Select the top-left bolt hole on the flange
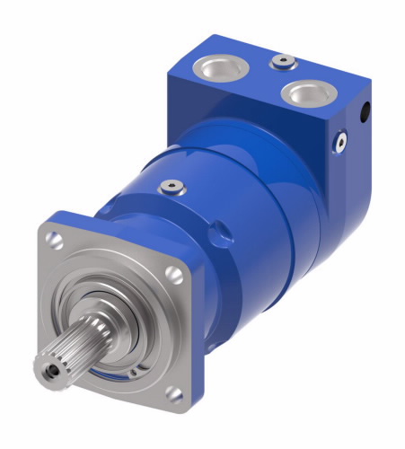[x=57, y=240]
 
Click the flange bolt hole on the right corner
[x=177, y=277]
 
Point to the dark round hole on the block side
[x=365, y=111]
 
